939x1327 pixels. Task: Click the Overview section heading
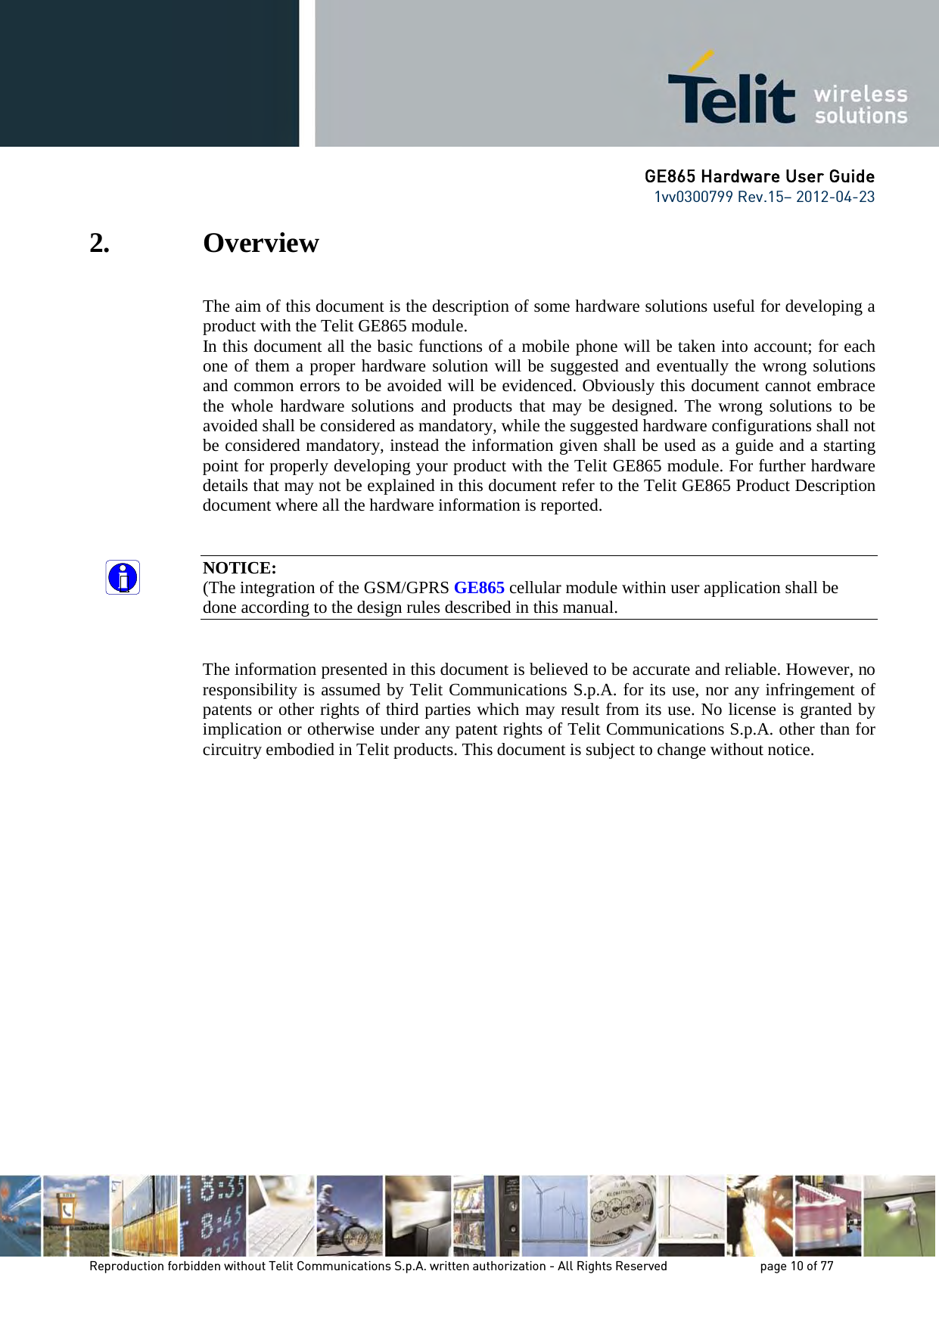pos(261,244)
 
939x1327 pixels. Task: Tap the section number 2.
pos(99,244)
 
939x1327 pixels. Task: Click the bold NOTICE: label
pos(239,568)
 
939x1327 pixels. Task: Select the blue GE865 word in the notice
pos(479,588)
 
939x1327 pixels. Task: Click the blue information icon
pos(123,578)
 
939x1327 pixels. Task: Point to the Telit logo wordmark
pos(731,96)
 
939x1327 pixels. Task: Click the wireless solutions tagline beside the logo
pos(860,105)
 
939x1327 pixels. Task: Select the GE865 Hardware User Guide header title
pos(759,177)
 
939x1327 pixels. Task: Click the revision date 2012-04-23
pos(835,197)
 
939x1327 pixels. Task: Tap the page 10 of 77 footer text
pos(796,1266)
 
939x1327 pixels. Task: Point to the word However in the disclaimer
pos(819,670)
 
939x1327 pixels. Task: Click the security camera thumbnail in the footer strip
pos(899,1216)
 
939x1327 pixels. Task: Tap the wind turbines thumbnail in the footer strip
pos(555,1216)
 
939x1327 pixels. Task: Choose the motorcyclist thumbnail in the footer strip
pos(349,1216)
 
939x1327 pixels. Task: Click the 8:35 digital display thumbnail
pos(213,1216)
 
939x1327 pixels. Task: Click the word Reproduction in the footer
pos(126,1266)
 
